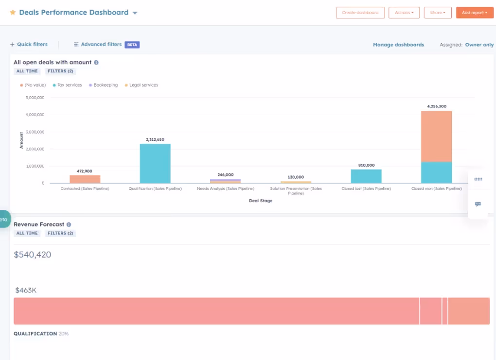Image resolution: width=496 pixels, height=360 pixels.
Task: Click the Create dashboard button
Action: click(360, 13)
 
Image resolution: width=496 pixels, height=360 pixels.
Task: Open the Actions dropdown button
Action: click(404, 13)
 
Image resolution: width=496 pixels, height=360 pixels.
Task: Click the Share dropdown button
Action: click(438, 13)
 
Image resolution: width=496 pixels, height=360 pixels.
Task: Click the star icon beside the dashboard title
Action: click(13, 13)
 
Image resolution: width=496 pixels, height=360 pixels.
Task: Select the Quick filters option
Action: click(29, 44)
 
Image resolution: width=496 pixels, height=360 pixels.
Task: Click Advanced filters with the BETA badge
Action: click(101, 44)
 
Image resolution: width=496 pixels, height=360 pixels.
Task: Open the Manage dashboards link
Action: click(398, 45)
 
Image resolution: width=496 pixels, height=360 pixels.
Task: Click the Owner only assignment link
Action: click(479, 45)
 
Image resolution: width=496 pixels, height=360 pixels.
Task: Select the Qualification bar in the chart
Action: click(155, 163)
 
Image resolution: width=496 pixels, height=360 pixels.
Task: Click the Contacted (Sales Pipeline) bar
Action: click(85, 179)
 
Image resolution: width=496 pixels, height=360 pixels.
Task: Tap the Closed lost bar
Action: click(366, 176)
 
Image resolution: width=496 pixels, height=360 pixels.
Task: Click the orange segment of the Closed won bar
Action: click(436, 136)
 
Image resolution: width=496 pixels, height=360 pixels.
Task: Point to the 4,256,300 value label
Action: click(436, 106)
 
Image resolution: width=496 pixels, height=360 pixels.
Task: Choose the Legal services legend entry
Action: click(143, 85)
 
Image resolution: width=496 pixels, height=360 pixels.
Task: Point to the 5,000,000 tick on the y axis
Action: click(34, 98)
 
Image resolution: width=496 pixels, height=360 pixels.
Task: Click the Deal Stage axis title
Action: click(261, 201)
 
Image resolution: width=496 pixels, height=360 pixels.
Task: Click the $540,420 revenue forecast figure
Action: click(33, 255)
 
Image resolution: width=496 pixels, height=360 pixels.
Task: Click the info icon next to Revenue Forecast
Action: click(69, 224)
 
